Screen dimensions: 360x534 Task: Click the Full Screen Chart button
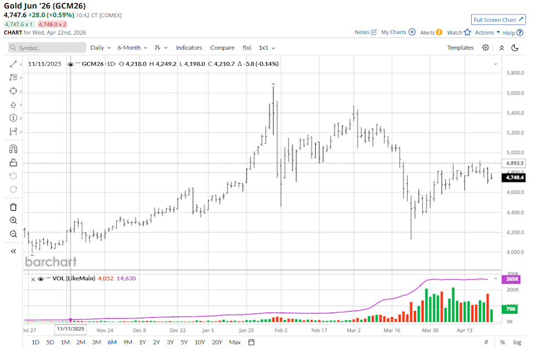[498, 19]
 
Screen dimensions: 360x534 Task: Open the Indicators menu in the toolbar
[189, 48]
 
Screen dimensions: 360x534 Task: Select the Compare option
[222, 48]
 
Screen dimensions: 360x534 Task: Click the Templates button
[460, 48]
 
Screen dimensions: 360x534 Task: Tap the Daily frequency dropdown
[100, 48]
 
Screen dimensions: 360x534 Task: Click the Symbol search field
[47, 48]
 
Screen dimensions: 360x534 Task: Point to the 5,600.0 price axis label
[517, 93]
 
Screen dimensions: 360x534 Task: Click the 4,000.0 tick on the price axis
[517, 252]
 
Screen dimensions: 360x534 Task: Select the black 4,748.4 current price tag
[513, 177]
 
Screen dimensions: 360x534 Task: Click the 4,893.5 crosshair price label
[513, 163]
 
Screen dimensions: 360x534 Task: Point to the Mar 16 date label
[392, 330]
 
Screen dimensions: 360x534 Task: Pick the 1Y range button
[143, 342]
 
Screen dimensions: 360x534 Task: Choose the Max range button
[235, 342]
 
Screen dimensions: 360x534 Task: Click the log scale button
[517, 342]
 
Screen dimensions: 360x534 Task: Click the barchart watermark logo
[51, 262]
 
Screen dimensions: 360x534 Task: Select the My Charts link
[398, 32]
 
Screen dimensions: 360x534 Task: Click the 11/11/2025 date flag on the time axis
[70, 329]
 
